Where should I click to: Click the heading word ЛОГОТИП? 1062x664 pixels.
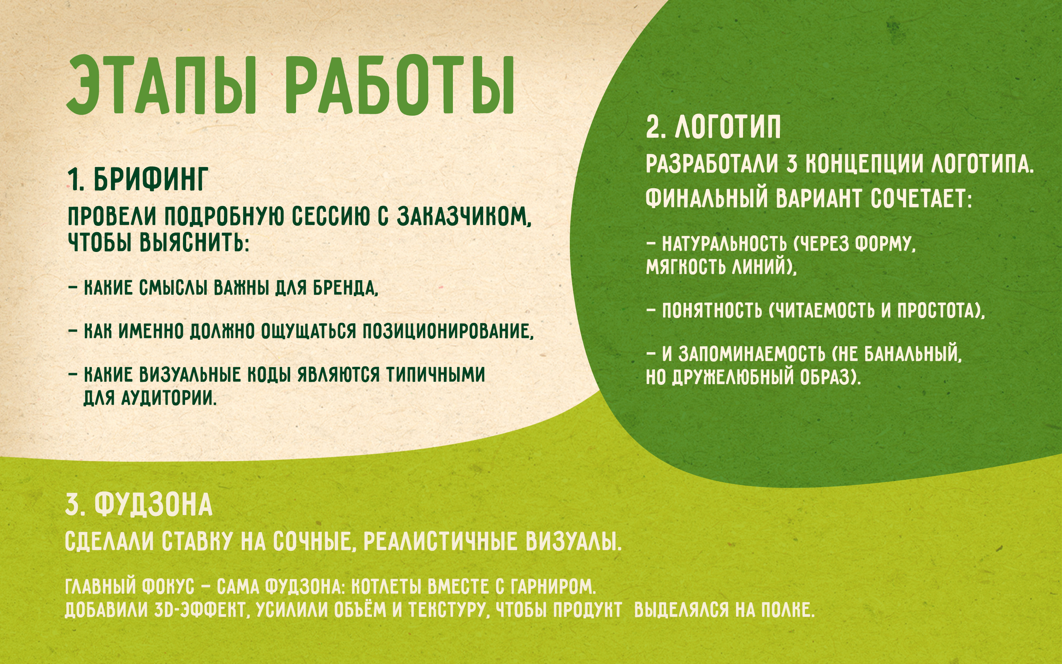coord(728,127)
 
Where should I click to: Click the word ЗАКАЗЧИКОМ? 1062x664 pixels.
coord(464,216)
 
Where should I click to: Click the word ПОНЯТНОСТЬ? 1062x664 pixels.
coord(712,310)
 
